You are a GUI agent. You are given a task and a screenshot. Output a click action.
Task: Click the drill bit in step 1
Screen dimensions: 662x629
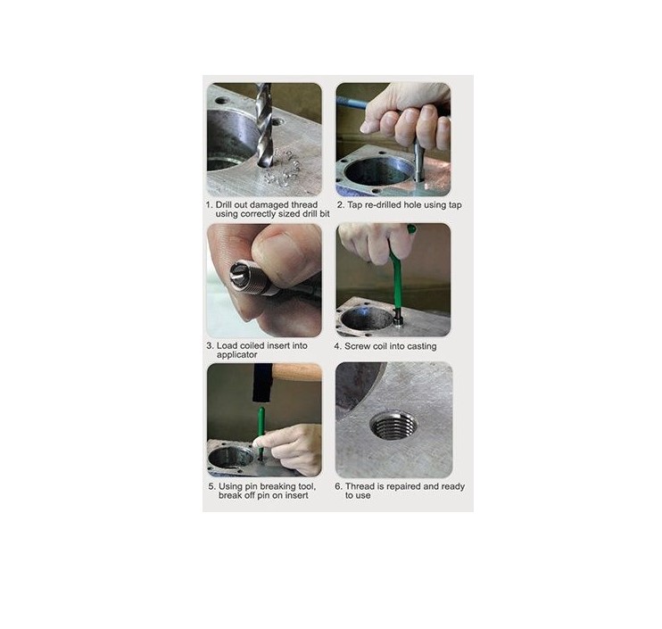263,125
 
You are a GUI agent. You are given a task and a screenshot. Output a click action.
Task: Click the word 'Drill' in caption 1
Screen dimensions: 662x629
225,204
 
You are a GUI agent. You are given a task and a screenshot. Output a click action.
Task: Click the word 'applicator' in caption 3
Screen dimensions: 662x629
236,355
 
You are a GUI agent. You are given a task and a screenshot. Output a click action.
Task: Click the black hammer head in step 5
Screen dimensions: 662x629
261,383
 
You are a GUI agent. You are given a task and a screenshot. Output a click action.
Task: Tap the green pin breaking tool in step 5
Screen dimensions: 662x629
261,431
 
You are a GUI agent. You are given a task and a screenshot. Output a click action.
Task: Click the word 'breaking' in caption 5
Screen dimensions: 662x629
277,487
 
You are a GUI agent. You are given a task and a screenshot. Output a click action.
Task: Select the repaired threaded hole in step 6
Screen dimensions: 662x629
393,426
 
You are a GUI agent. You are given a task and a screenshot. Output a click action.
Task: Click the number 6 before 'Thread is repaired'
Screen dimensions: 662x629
338,486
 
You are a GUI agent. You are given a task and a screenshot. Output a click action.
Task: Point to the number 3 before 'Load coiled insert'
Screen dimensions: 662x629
210,346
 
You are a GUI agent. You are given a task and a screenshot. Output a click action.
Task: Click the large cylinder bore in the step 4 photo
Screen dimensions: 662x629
368,319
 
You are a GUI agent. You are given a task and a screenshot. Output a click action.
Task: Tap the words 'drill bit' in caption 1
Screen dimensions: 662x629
316,214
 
